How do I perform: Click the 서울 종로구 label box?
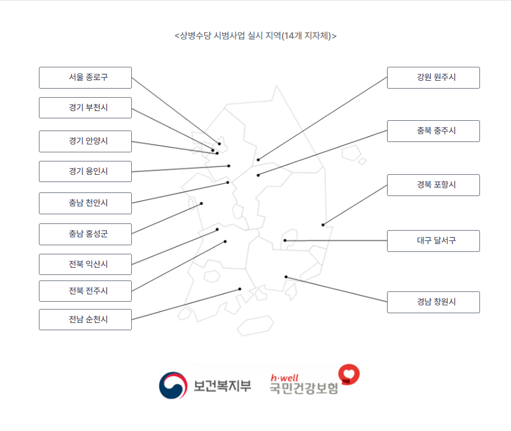85,78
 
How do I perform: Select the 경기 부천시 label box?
85,108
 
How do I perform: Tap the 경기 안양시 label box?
85,141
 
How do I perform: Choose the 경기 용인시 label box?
85,172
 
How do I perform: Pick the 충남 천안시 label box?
85,203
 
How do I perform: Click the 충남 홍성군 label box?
85,234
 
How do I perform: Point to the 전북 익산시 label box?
85,265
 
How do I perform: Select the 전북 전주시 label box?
85,291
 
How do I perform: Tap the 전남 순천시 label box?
85,320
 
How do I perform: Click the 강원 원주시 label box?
433,78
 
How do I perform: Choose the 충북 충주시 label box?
433,131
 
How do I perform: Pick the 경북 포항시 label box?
433,185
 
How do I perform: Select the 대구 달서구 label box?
433,241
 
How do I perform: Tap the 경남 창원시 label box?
433,302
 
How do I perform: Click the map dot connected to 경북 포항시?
323,225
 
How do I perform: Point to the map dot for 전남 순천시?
240,289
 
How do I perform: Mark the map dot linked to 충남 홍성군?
202,203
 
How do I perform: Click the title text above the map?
255,35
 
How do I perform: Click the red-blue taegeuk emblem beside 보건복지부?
173,385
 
